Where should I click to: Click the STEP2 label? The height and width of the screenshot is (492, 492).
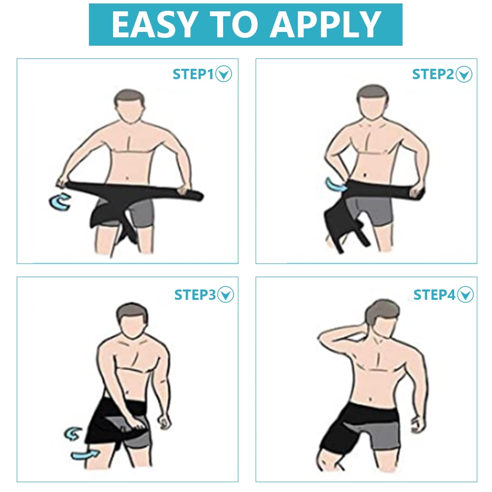[433, 74]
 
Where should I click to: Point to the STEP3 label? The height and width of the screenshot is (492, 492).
[195, 295]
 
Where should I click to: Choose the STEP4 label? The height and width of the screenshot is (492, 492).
[434, 295]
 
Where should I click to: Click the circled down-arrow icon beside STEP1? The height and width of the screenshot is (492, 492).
[224, 74]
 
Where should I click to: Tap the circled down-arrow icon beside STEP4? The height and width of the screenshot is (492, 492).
[465, 294]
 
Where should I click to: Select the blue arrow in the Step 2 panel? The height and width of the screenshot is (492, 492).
[335, 185]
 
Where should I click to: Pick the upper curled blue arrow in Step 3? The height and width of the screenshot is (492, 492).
[73, 434]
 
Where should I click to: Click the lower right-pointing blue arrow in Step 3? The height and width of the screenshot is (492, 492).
[85, 455]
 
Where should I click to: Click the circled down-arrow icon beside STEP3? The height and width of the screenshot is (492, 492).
[226, 294]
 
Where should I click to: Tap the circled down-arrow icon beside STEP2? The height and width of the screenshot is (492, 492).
[464, 74]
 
